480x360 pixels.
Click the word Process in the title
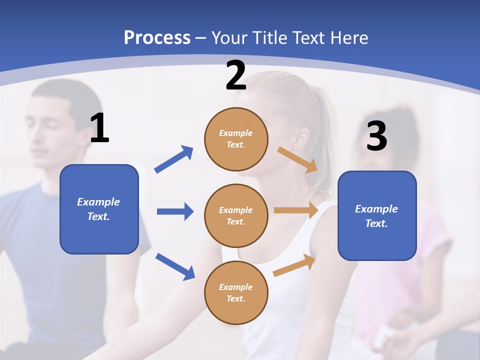[x=157, y=37]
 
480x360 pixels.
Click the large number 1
[x=99, y=128]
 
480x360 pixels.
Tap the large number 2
[x=236, y=75]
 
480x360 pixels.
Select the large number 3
[x=376, y=136]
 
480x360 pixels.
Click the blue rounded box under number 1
[x=99, y=209]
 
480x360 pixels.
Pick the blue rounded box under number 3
[x=377, y=216]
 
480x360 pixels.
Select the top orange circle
[x=236, y=139]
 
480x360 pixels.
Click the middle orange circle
[x=236, y=215]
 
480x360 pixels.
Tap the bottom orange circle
[x=236, y=292]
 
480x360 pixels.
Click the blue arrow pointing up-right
[x=174, y=159]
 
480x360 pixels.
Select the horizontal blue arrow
[x=175, y=211]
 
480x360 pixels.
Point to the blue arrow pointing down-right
[x=175, y=266]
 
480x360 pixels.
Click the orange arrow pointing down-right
[x=297, y=159]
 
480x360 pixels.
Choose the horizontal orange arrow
[x=296, y=210]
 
